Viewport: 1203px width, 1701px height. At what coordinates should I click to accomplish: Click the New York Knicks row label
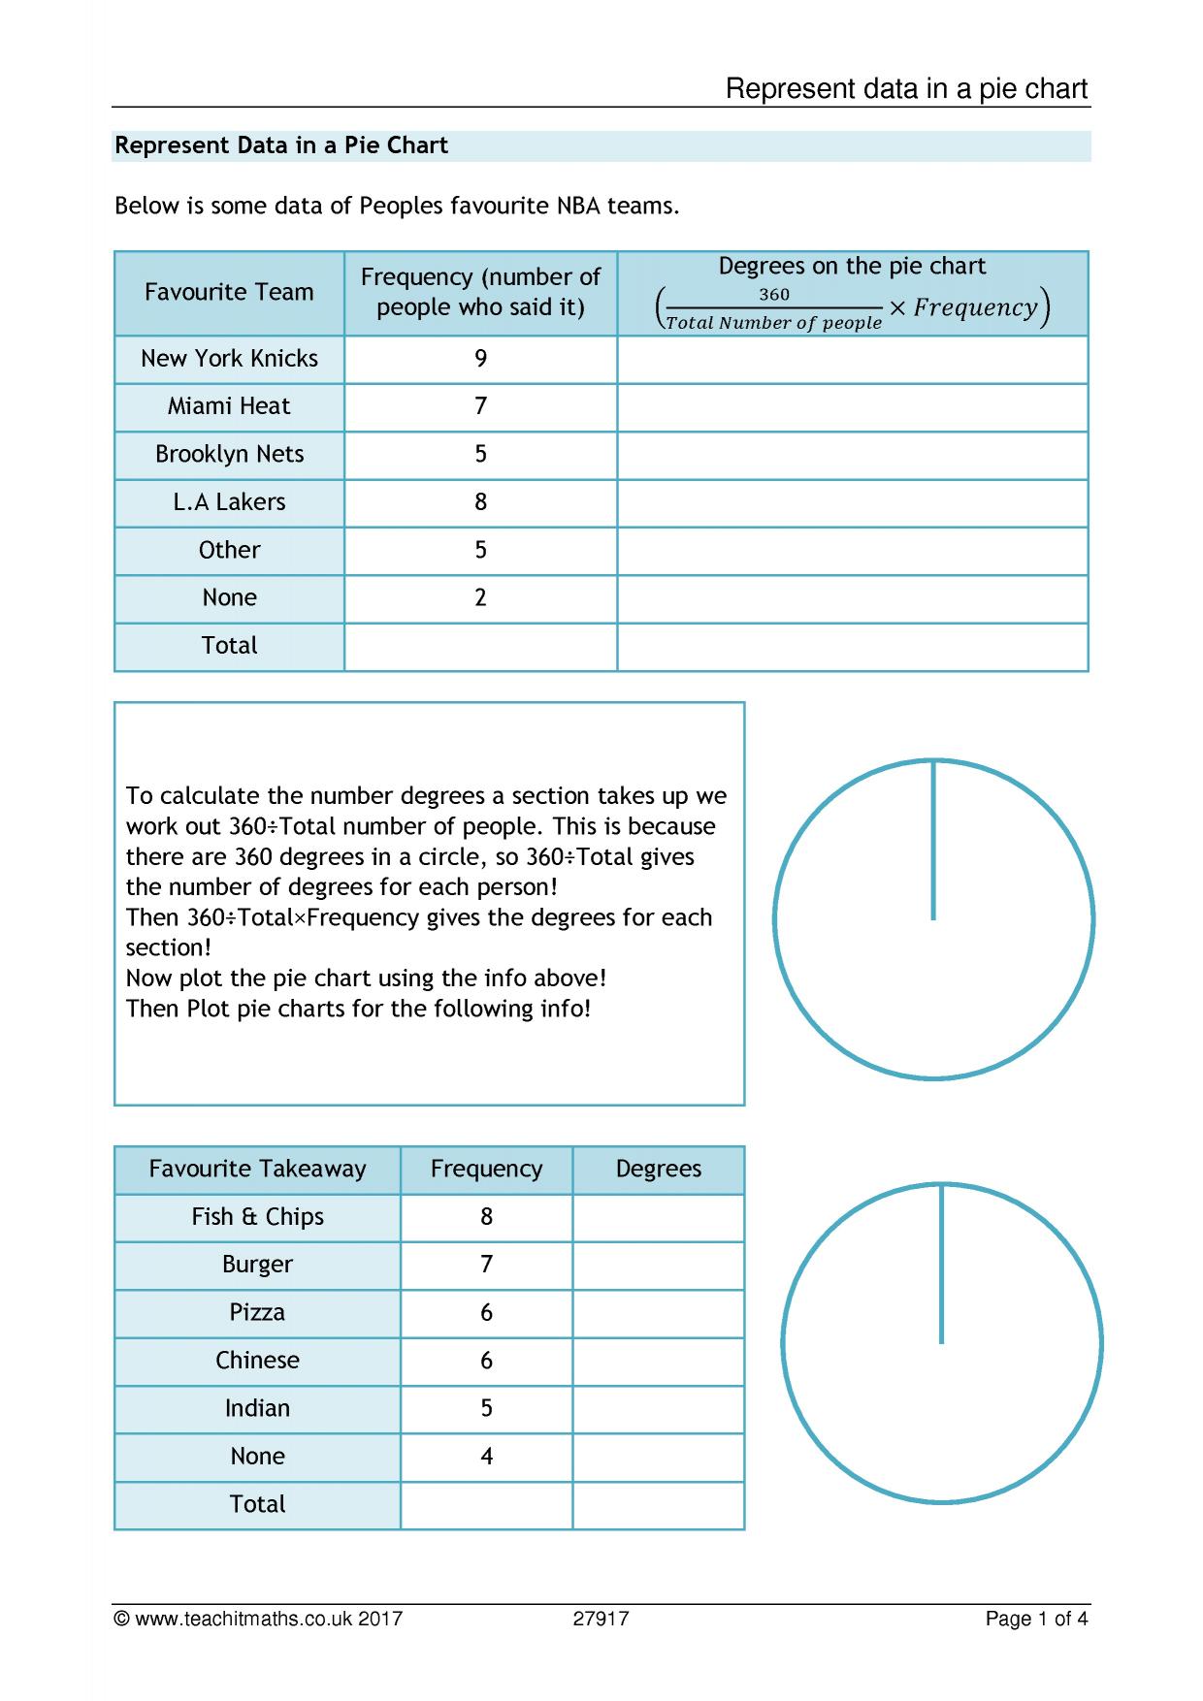tap(229, 359)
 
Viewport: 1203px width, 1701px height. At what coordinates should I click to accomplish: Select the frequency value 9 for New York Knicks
tap(480, 359)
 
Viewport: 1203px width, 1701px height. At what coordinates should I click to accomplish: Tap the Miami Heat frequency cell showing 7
tap(480, 406)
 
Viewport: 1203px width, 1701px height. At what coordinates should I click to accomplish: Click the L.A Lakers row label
tap(229, 502)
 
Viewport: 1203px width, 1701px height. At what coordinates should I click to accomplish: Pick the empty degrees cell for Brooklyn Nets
tap(852, 455)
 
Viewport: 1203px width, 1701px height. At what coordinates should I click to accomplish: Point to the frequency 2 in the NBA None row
tap(480, 597)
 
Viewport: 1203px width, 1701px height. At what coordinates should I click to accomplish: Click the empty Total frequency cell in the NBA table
tap(480, 646)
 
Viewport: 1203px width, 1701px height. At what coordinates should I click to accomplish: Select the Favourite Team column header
tap(229, 292)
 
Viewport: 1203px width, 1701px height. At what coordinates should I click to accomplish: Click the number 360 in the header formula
tap(773, 295)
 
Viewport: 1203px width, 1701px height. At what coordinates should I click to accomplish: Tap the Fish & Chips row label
tap(257, 1217)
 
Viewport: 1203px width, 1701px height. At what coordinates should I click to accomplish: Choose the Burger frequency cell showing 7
tap(486, 1265)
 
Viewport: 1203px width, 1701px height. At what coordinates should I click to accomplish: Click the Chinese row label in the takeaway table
tap(257, 1361)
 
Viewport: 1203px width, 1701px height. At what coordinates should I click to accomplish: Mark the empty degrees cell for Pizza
tap(658, 1313)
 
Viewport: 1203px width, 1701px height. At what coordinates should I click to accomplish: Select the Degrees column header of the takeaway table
tap(658, 1169)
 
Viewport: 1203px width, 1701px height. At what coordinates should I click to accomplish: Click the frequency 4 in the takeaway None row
tap(486, 1457)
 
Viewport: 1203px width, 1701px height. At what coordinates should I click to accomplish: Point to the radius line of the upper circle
tap(933, 840)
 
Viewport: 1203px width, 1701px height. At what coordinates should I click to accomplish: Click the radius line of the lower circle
tap(941, 1264)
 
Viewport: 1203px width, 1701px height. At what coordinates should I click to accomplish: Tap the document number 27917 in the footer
tap(601, 1619)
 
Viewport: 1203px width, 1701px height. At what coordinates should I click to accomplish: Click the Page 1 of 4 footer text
tap(1036, 1619)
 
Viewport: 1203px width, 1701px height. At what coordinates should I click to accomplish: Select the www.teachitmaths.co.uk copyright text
tap(258, 1619)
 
